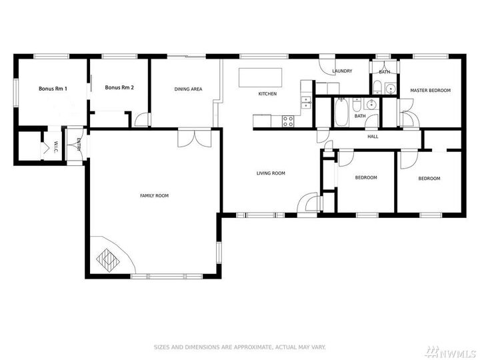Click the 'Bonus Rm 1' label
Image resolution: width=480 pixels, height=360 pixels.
click(53, 88)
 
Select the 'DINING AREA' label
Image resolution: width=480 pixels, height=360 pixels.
click(188, 89)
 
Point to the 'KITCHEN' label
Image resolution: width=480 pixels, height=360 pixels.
click(267, 94)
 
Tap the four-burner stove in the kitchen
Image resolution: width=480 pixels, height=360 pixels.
click(289, 121)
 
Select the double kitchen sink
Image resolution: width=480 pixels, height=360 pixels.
click(306, 102)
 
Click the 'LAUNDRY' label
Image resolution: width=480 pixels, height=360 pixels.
click(341, 71)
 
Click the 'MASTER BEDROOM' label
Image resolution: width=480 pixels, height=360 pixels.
click(430, 91)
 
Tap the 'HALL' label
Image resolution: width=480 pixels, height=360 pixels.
click(373, 137)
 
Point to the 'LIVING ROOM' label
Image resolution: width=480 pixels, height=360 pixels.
click(271, 173)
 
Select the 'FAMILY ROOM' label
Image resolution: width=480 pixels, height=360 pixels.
click(154, 195)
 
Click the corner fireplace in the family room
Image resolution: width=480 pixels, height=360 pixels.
click(107, 257)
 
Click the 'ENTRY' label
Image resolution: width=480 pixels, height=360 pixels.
click(79, 145)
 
